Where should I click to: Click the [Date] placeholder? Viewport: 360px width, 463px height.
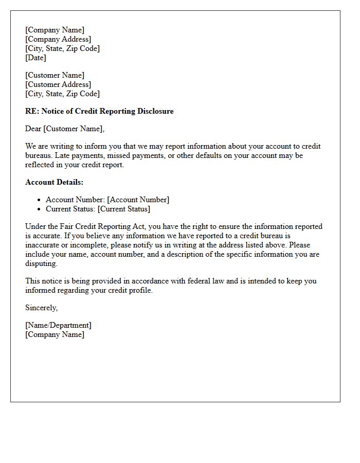pyautogui.click(x=35, y=58)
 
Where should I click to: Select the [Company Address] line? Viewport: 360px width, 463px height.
pyautogui.click(x=58, y=39)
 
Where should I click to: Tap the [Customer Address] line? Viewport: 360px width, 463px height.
pyautogui.click(x=58, y=84)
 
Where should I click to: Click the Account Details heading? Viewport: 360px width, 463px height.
pyautogui.click(x=54, y=182)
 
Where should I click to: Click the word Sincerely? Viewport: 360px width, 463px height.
pyautogui.click(x=41, y=308)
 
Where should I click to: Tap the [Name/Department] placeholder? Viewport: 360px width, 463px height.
pyautogui.click(x=58, y=325)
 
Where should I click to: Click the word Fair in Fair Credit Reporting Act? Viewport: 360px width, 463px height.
pyautogui.click(x=66, y=226)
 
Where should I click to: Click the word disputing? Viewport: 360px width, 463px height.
pyautogui.click(x=41, y=263)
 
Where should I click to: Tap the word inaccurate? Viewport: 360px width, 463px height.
pyautogui.click(x=43, y=245)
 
